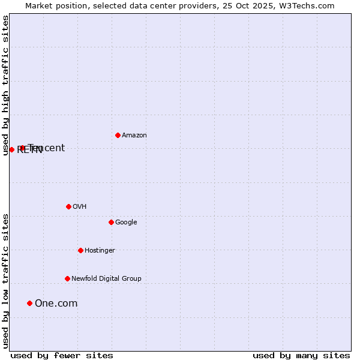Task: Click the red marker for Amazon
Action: (x=118, y=135)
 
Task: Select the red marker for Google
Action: (x=111, y=222)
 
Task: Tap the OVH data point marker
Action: (x=68, y=206)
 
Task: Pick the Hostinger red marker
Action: (x=80, y=250)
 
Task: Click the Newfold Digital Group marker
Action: (x=67, y=278)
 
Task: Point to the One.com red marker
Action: (x=29, y=303)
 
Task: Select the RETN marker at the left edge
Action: (x=11, y=149)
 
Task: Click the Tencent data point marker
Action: (x=22, y=148)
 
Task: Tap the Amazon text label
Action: (x=134, y=136)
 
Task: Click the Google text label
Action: (x=126, y=223)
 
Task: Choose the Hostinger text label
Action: (x=100, y=251)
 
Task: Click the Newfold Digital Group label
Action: (x=106, y=279)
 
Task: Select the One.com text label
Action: (x=56, y=304)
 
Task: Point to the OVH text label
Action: (x=80, y=207)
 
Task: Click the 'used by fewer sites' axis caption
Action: (x=62, y=356)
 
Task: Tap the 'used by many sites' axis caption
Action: (x=301, y=356)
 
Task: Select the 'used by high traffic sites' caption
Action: (x=6, y=85)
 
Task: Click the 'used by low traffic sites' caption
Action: (x=6, y=281)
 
